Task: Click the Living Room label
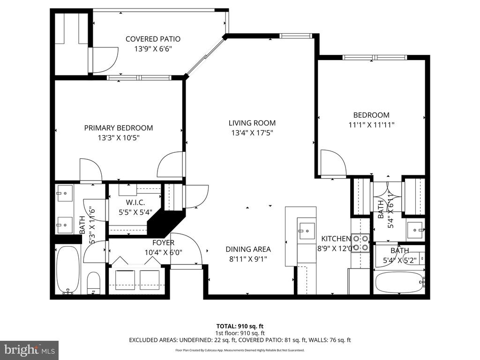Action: pos(252,123)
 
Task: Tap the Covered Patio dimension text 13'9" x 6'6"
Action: pos(153,49)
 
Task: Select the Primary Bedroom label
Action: pos(119,128)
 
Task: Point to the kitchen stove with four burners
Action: pos(360,243)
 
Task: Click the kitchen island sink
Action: pos(307,231)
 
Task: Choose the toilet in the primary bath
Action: pos(94,283)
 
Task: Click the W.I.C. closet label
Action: pos(135,202)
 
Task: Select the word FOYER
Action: pos(164,243)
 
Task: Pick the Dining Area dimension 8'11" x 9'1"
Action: pos(248,259)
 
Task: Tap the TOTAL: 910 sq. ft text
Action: pos(240,326)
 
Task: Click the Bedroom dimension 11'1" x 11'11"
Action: pos(371,125)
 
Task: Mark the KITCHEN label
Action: pos(336,239)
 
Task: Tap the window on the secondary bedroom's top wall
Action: pos(375,58)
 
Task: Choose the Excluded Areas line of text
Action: pos(240,340)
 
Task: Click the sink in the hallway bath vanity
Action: pos(415,230)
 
